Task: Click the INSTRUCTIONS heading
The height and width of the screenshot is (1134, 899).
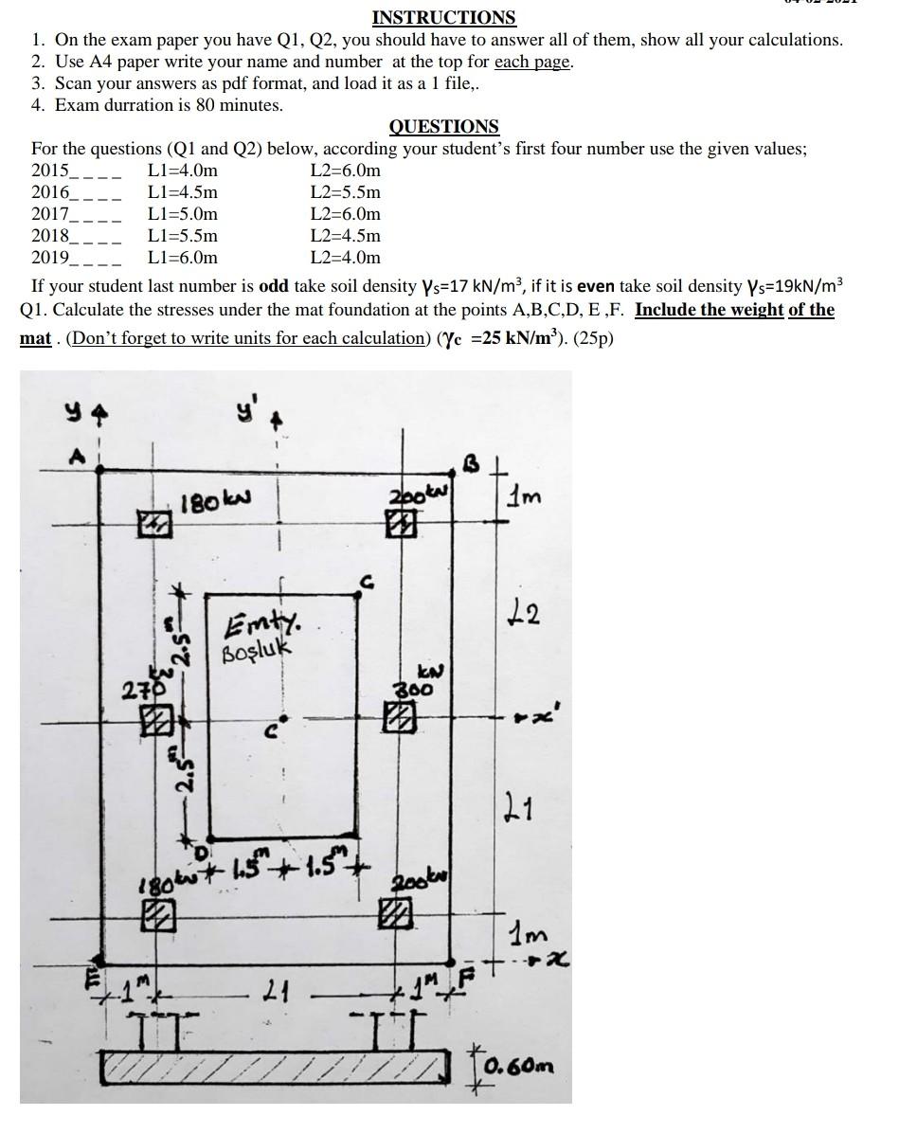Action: (443, 17)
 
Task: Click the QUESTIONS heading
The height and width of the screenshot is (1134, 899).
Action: (443, 126)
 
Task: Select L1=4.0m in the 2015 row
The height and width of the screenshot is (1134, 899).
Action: (183, 171)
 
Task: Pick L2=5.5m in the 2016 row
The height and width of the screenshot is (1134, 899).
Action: (346, 192)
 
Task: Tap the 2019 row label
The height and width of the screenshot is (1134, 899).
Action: (50, 258)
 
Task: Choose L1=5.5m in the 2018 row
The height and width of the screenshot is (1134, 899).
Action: (183, 236)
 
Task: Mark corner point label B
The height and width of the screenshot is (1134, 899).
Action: (471, 463)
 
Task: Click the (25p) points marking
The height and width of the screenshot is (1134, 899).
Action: (594, 338)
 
